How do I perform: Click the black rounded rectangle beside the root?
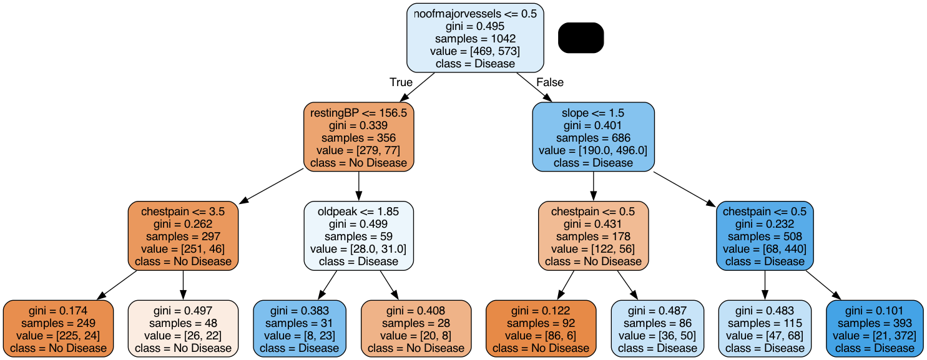[581, 37]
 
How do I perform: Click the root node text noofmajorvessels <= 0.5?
[475, 14]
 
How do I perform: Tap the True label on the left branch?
[401, 82]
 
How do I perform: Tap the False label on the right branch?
[549, 82]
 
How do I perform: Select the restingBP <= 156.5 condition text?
[359, 113]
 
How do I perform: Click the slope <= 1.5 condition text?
[593, 113]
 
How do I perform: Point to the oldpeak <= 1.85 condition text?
[359, 212]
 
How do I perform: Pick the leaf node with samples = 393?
[875, 328]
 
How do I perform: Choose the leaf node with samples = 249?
[59, 328]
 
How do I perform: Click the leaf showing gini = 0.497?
[183, 328]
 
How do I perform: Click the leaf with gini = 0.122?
[541, 328]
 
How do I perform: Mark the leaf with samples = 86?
[657, 328]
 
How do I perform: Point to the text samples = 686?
[593, 138]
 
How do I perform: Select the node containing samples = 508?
[765, 236]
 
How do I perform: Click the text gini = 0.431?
[593, 224]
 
